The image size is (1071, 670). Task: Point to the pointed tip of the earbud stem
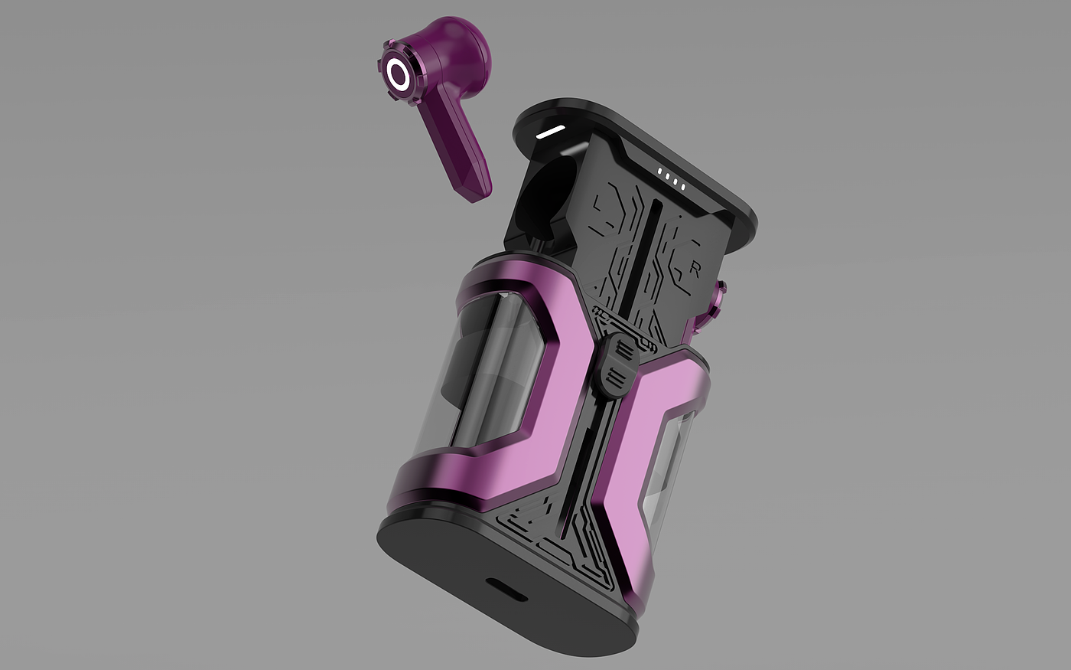click(474, 201)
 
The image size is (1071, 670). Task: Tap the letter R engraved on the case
click(695, 270)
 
